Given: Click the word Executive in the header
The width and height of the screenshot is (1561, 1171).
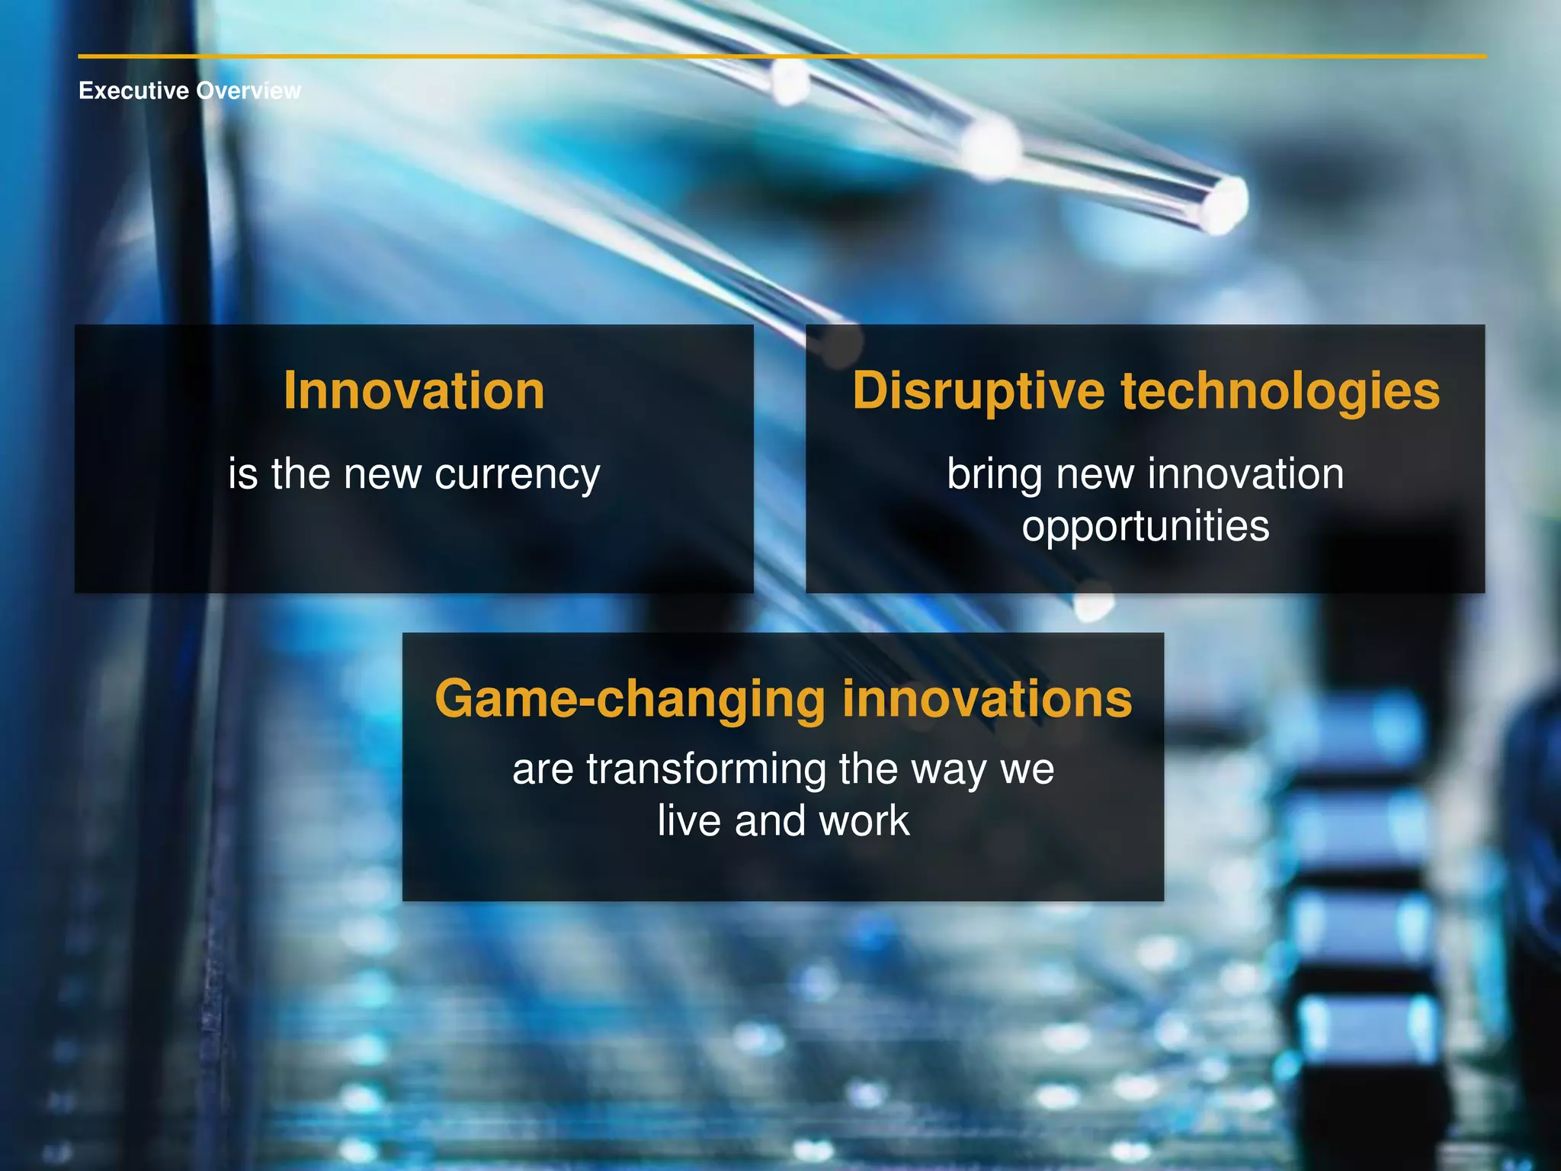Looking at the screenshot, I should [133, 91].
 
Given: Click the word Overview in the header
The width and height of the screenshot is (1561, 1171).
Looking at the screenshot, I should [248, 91].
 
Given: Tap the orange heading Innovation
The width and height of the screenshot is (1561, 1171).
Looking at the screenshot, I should [414, 391].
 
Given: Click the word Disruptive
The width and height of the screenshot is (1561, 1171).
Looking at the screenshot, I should [978, 391].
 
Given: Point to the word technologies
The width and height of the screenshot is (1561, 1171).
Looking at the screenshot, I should [1280, 391].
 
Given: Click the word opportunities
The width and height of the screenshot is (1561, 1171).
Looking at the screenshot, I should [1146, 527].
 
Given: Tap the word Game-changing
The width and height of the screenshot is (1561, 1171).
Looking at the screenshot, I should [630, 699].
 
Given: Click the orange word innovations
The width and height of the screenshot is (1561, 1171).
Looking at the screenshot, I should [987, 699].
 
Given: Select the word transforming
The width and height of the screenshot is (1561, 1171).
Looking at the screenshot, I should [706, 769].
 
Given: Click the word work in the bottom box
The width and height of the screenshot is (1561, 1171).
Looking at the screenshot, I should [864, 821].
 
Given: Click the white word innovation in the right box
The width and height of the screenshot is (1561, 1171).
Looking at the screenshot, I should [1245, 474].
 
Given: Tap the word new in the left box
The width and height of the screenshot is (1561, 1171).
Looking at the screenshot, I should [382, 475].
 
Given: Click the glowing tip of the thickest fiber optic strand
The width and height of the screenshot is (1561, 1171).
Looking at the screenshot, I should [1223, 202].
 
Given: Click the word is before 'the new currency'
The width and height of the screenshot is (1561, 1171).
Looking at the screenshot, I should [243, 474].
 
